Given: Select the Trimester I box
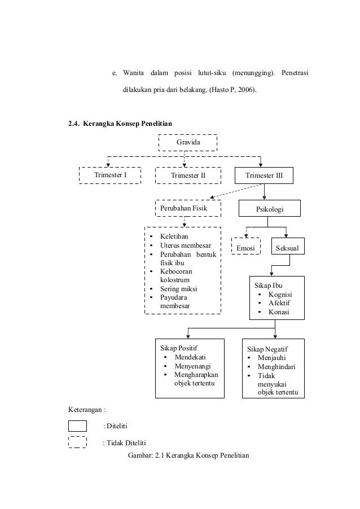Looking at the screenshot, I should [110, 175].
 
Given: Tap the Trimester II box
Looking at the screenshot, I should [188, 175].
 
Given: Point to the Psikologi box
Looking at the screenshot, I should [270, 209].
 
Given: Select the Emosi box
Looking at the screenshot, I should [245, 248].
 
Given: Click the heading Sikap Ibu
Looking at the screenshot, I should [268, 285].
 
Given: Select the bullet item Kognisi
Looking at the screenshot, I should [279, 295].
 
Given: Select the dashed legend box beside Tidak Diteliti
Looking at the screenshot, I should [77, 442].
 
